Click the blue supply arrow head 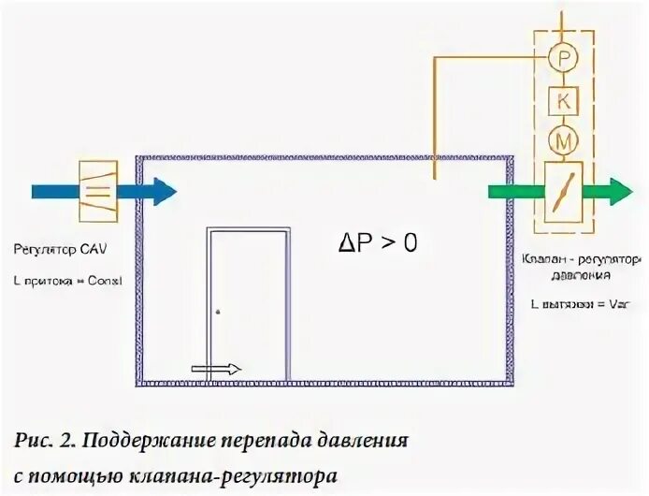(x=163, y=192)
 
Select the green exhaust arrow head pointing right (x=618, y=191)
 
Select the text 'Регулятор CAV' (x=54, y=250)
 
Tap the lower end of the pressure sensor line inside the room (x=434, y=177)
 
